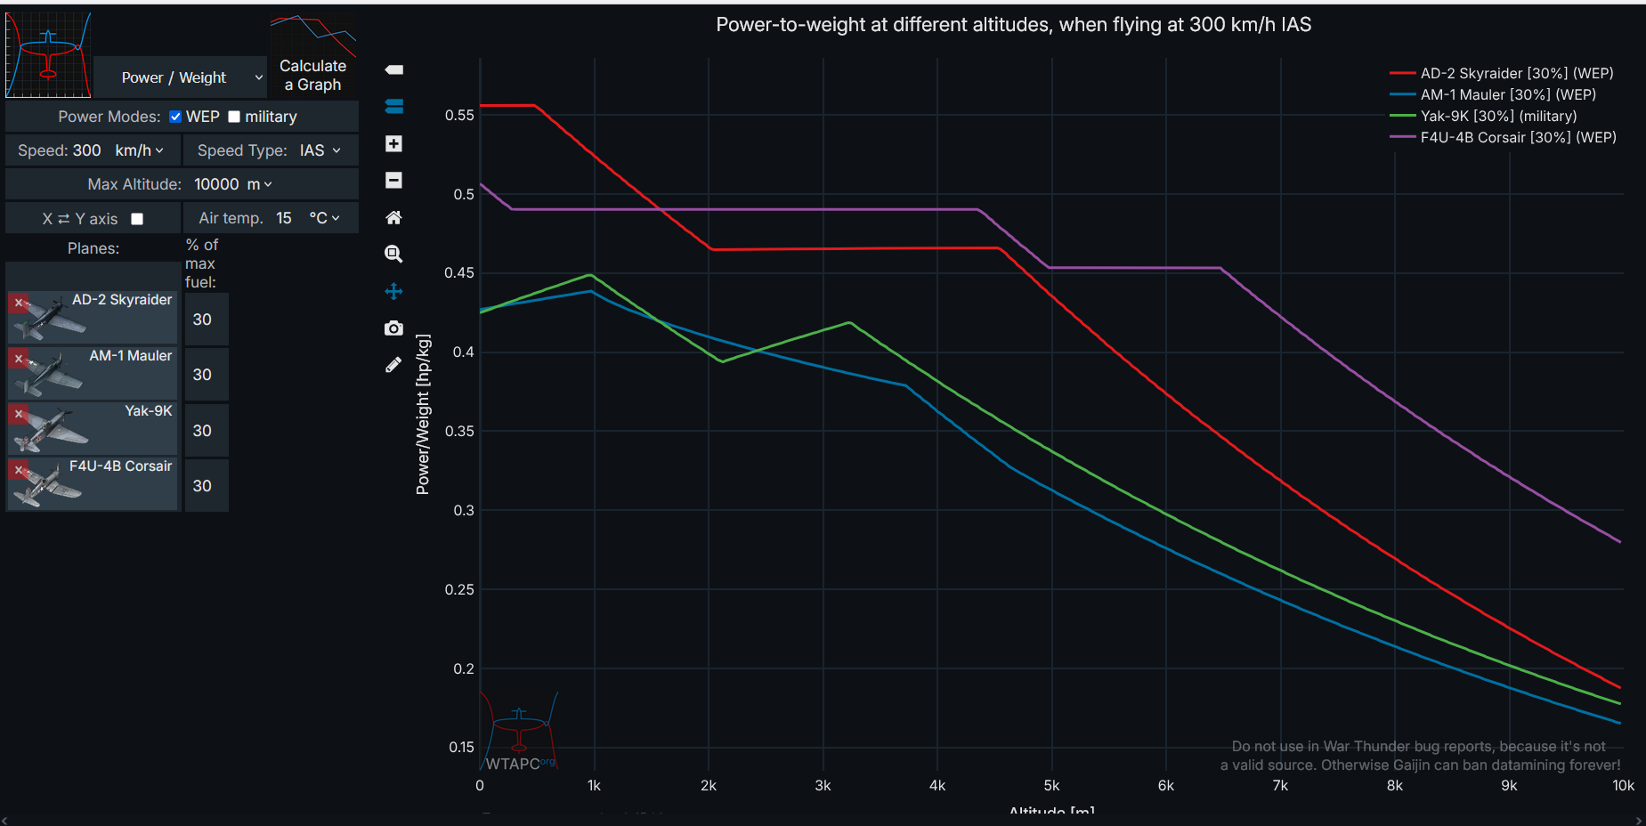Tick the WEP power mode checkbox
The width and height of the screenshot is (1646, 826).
175,117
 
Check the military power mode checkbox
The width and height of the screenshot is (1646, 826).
234,117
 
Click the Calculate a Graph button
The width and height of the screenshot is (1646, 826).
312,75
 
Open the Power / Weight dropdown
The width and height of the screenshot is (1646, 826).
181,77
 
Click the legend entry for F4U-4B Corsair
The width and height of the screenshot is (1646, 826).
1517,137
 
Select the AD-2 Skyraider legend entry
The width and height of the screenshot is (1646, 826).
1516,73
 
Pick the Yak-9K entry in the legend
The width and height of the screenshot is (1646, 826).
1497,116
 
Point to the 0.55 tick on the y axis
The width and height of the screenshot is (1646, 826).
459,115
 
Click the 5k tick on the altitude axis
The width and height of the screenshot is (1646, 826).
1051,785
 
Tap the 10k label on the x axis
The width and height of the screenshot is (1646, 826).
1623,785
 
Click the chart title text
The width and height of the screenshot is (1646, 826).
1013,25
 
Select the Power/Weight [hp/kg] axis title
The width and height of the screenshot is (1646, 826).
423,414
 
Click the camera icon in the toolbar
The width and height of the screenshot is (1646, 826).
393,328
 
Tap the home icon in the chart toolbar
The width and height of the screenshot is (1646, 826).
393,217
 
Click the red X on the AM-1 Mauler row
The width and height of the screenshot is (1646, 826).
19,359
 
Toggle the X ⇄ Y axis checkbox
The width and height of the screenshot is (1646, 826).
137,219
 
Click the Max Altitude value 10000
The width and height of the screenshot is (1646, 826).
216,184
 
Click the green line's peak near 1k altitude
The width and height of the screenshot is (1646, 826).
590,274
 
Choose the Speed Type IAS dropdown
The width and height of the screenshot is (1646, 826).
319,150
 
